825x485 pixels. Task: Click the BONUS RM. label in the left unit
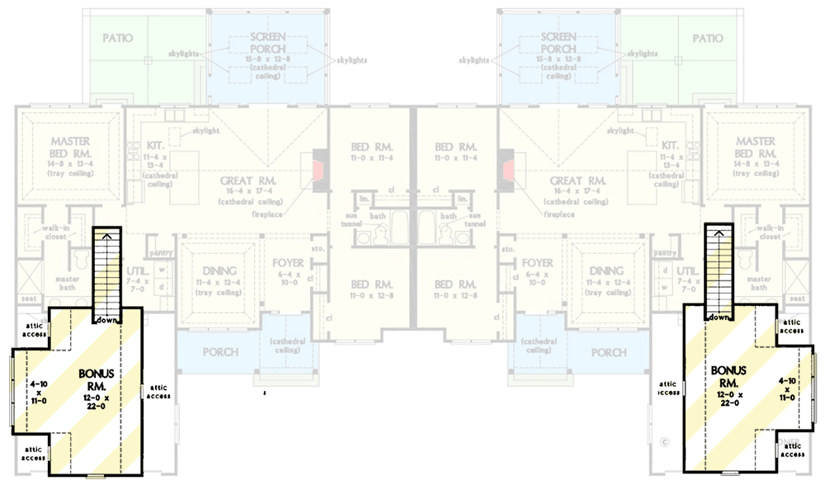coord(97,379)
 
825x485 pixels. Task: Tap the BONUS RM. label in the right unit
coord(728,376)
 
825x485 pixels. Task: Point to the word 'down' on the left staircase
coord(106,319)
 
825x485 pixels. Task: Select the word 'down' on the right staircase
coord(719,317)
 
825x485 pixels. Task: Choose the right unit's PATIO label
coord(707,39)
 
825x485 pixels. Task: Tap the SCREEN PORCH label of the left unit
coord(268,45)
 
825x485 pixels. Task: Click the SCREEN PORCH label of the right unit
coord(559,45)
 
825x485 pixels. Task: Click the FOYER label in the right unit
coord(538,264)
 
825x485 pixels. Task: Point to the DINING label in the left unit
coord(219,271)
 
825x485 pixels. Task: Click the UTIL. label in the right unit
coord(686,271)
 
